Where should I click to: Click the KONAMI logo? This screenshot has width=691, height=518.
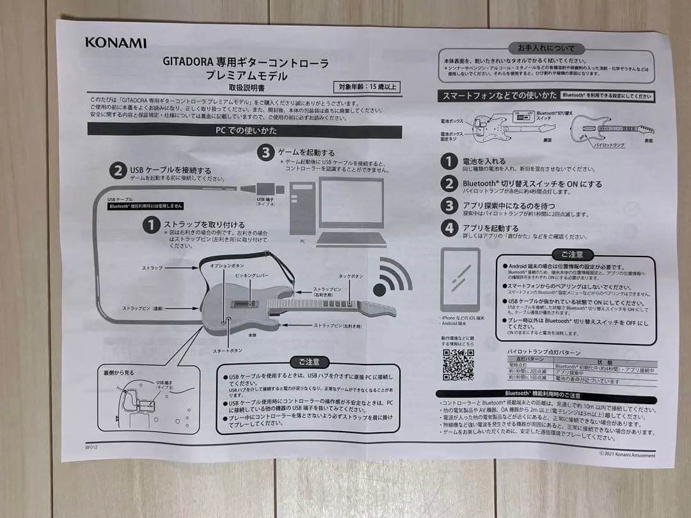(x=116, y=43)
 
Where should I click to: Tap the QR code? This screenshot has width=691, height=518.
(x=458, y=365)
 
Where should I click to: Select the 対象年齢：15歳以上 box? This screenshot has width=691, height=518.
(x=367, y=86)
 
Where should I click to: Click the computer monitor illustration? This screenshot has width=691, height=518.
(x=351, y=203)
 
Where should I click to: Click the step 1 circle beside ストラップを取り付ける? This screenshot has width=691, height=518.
(x=151, y=225)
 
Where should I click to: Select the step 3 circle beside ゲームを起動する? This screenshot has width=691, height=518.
(x=265, y=152)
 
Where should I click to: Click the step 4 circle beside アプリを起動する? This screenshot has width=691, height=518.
(x=450, y=228)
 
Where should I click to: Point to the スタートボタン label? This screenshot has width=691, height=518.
(x=227, y=350)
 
